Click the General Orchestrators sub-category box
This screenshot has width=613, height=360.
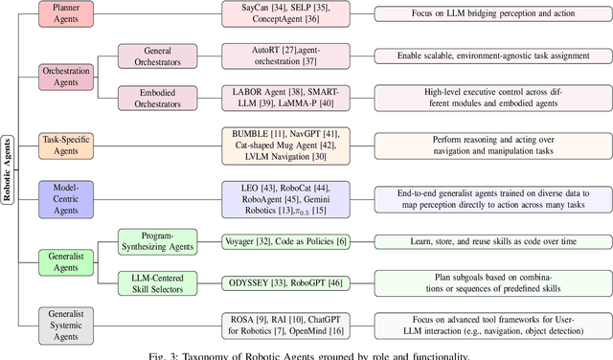point(156,56)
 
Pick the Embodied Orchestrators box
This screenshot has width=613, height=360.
point(156,99)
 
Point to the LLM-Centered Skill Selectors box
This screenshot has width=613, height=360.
point(156,282)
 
